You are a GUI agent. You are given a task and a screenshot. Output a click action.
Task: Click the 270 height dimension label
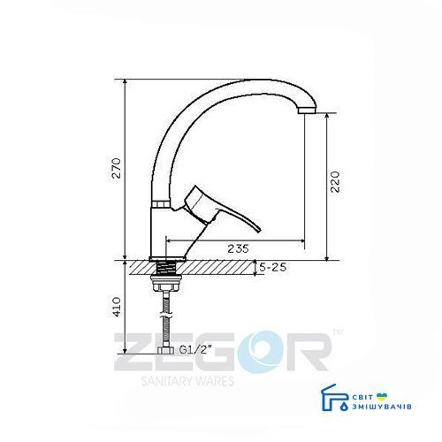(x=117, y=168)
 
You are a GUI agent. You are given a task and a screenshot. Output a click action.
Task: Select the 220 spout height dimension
(x=335, y=181)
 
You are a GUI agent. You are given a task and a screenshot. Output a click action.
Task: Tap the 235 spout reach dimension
(x=238, y=248)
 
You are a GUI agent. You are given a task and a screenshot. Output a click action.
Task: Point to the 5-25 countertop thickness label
(x=272, y=267)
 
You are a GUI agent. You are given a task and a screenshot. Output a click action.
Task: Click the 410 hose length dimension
(x=117, y=307)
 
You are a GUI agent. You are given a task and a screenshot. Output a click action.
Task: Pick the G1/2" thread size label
(x=195, y=350)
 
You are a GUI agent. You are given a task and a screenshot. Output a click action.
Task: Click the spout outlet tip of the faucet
(x=307, y=110)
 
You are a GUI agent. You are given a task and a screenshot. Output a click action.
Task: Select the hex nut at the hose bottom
(x=166, y=350)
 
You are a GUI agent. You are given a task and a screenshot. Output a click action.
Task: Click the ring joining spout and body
(x=161, y=204)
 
